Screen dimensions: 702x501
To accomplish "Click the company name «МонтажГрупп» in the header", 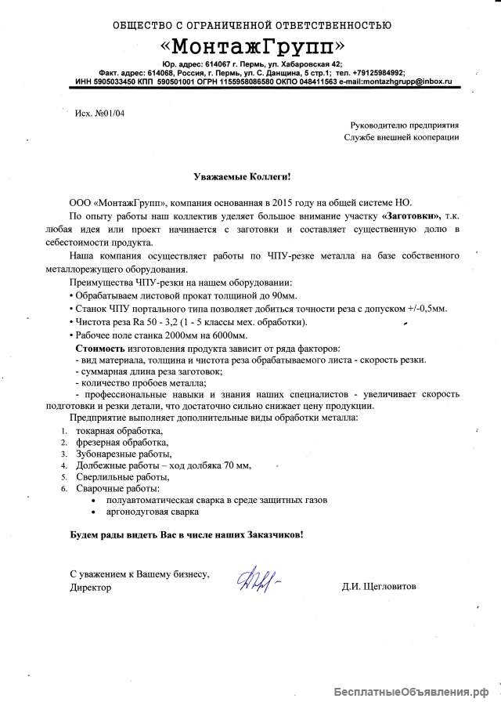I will (250, 44).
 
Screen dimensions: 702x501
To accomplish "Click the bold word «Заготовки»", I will (412, 215).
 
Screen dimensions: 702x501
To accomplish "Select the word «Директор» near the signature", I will (90, 587).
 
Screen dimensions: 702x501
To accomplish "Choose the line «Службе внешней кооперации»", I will (402, 137).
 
